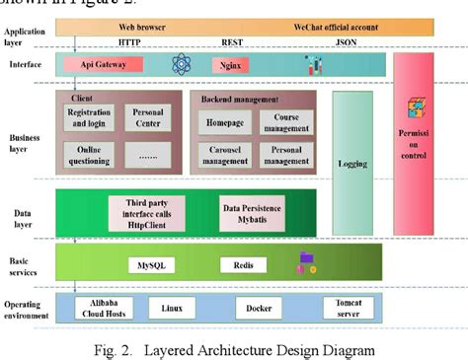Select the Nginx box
pos(226,65)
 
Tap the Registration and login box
pos(89,118)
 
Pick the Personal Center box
pos(148,118)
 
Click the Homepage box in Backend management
pos(225,122)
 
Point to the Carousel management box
pos(225,155)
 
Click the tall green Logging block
pos(352,163)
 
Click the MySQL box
pos(149,265)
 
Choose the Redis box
pos(243,265)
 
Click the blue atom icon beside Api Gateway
pos(181,65)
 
